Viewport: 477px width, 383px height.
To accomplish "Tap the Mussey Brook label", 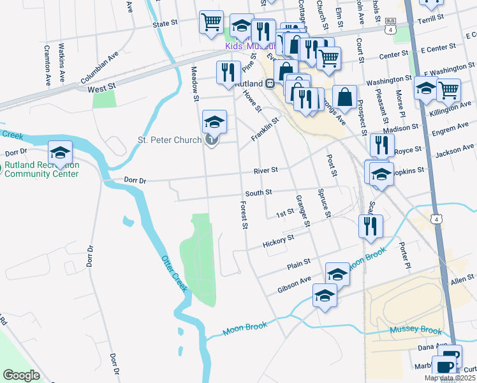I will [x=415, y=331].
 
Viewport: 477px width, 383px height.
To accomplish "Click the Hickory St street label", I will [x=277, y=241].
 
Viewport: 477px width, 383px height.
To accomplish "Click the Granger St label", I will [x=302, y=212].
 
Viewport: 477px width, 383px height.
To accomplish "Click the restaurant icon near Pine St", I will [x=228, y=72].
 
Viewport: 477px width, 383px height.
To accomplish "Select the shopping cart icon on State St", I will [x=211, y=22].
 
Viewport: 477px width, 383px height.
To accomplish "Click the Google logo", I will [x=21, y=375].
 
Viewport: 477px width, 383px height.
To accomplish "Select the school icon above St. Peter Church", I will [x=214, y=121].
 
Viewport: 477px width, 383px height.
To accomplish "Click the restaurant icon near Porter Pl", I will [x=370, y=225].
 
